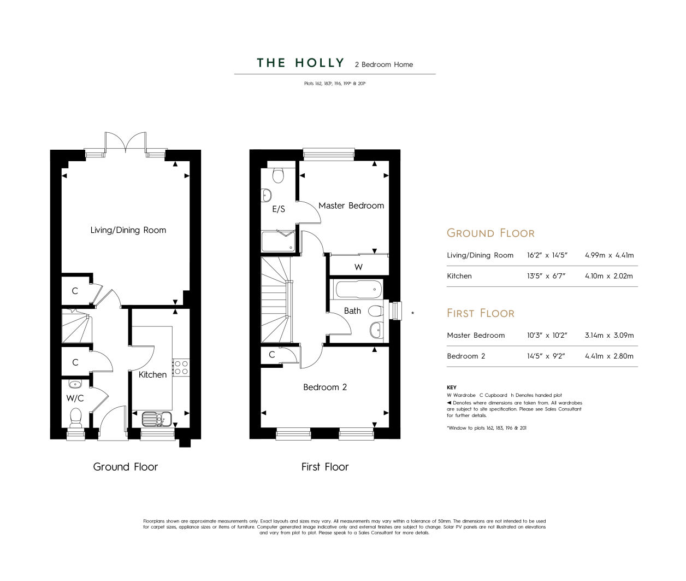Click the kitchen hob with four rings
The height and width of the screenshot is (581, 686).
[x=181, y=368]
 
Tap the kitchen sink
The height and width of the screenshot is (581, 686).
[x=157, y=419]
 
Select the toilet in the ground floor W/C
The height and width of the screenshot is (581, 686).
[x=76, y=418]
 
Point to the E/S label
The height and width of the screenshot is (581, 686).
[x=279, y=209]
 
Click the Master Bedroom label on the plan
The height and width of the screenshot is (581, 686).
[x=351, y=206]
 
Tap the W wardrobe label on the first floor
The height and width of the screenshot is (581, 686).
[x=358, y=267]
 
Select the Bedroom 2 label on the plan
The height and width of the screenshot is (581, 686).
[x=325, y=387]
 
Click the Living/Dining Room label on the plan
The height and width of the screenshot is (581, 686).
[x=128, y=230]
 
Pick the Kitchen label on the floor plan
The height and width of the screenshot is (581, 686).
[x=152, y=375]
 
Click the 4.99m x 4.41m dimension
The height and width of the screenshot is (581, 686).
[x=610, y=255]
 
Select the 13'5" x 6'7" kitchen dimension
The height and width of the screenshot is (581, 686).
[x=546, y=276]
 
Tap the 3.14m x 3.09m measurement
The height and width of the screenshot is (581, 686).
[x=610, y=335]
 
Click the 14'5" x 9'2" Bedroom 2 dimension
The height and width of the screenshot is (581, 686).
[x=546, y=356]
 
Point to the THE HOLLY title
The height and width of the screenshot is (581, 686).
[x=301, y=63]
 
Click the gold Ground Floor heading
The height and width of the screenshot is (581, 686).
[x=490, y=233]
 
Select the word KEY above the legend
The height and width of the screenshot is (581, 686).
[x=452, y=388]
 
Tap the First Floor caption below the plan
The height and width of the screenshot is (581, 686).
[x=325, y=467]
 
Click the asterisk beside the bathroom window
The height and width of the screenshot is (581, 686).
[x=412, y=313]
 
